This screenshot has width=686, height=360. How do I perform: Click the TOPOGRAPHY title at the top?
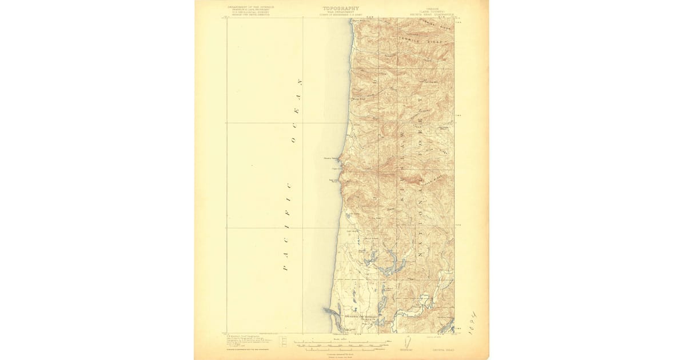(x=341, y=8)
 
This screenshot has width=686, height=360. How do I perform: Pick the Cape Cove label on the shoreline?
(x=337, y=169)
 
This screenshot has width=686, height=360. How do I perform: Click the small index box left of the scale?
(x=282, y=342)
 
